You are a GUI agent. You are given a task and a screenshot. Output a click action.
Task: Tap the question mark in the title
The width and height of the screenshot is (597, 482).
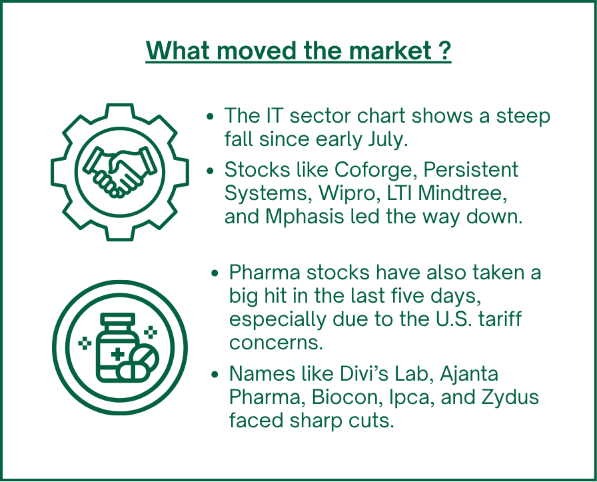(x=444, y=50)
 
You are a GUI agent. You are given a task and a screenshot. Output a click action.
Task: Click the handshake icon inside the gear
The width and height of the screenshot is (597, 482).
(x=120, y=172)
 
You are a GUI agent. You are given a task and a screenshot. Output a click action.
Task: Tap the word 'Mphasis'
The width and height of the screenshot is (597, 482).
(x=304, y=217)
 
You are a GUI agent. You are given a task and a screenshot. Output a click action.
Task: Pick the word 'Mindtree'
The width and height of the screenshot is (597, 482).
(x=462, y=193)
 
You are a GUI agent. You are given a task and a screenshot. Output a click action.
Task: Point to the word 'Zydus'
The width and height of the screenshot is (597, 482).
(x=510, y=397)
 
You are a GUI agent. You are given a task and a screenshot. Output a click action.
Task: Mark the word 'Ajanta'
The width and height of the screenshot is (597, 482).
(x=469, y=374)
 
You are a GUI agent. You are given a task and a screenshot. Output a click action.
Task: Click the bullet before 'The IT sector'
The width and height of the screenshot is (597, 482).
(x=210, y=117)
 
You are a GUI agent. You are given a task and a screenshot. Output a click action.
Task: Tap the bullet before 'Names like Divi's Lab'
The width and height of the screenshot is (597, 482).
(x=215, y=374)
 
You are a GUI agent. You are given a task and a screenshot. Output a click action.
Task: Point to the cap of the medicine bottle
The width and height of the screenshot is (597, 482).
(x=118, y=319)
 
